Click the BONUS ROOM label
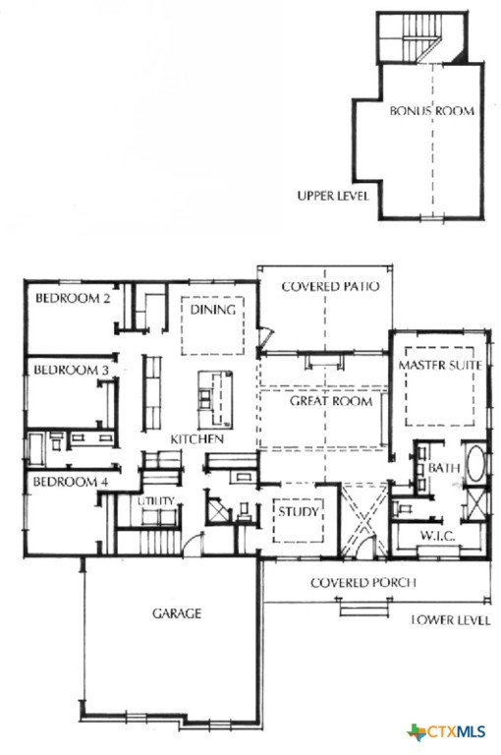pos(431,111)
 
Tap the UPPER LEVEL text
pos(333,196)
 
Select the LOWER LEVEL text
pos(451,620)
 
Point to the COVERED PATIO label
pos(330,286)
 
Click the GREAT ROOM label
pos(331,401)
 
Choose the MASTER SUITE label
pos(440,365)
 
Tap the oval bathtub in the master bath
pos(475,463)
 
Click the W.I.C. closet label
pos(437,536)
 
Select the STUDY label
pos(299,511)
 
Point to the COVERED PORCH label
pos(363,583)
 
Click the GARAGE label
pos(177,613)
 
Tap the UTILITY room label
pos(155,501)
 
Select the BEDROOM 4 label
pos(71,482)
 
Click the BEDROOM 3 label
pos(72,370)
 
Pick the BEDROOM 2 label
pos(73,298)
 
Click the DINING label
pos(213,309)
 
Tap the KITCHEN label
pos(197,439)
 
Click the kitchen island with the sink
pos(215,399)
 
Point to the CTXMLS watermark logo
pos(446,732)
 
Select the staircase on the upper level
pos(410,37)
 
